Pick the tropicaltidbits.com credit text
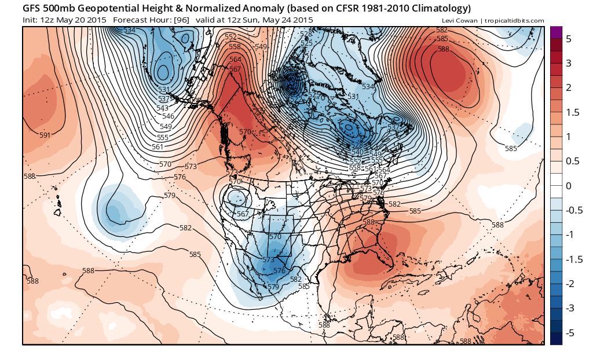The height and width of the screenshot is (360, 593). pyautogui.click(x=515, y=21)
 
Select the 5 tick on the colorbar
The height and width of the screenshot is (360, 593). pyautogui.click(x=569, y=39)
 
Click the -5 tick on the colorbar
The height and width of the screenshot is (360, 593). pyautogui.click(x=568, y=333)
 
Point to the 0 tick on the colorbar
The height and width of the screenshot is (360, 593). pyautogui.click(x=569, y=186)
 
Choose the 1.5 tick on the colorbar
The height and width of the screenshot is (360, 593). pyautogui.click(x=572, y=112)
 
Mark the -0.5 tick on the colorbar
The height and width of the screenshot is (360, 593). pyautogui.click(x=570, y=211)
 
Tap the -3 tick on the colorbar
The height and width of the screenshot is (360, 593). pyautogui.click(x=568, y=308)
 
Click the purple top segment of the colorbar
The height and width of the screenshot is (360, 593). pyautogui.click(x=556, y=32)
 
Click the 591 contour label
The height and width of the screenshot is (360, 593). pyautogui.click(x=45, y=135)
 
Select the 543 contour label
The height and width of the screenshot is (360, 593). pyautogui.click(x=162, y=108)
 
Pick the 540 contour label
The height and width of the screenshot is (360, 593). pyautogui.click(x=357, y=152)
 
